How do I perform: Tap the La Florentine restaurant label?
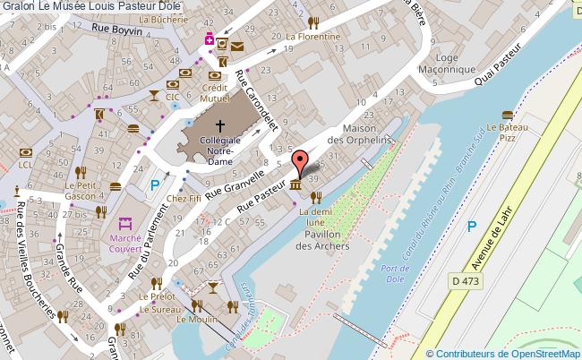click(312, 37)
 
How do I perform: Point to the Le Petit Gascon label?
click(81, 190)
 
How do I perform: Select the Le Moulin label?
click(193, 320)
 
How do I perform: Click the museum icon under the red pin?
click(295, 185)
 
